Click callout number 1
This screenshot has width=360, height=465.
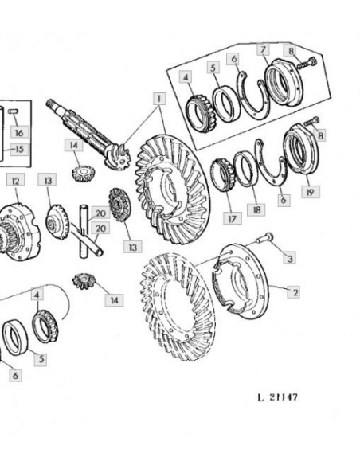(x=159, y=99)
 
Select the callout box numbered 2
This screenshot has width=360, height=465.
(x=294, y=292)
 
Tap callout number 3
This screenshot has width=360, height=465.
(x=290, y=258)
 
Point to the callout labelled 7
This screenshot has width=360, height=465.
(x=263, y=49)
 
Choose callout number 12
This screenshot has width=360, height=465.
(x=16, y=180)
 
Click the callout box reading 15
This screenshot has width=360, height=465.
(x=19, y=149)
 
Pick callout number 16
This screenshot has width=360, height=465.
(x=19, y=131)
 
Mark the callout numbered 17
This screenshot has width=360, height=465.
(x=233, y=218)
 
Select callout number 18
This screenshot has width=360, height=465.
(x=256, y=209)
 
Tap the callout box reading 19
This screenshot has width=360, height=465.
(x=311, y=192)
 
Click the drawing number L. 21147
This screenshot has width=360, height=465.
(x=277, y=397)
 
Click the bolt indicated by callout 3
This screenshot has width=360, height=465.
(x=264, y=238)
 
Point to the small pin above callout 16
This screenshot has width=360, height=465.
(x=13, y=111)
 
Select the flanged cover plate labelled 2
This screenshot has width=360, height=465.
(x=241, y=281)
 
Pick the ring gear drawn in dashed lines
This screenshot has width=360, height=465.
(x=178, y=307)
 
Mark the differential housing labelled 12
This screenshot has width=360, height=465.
(x=18, y=232)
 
